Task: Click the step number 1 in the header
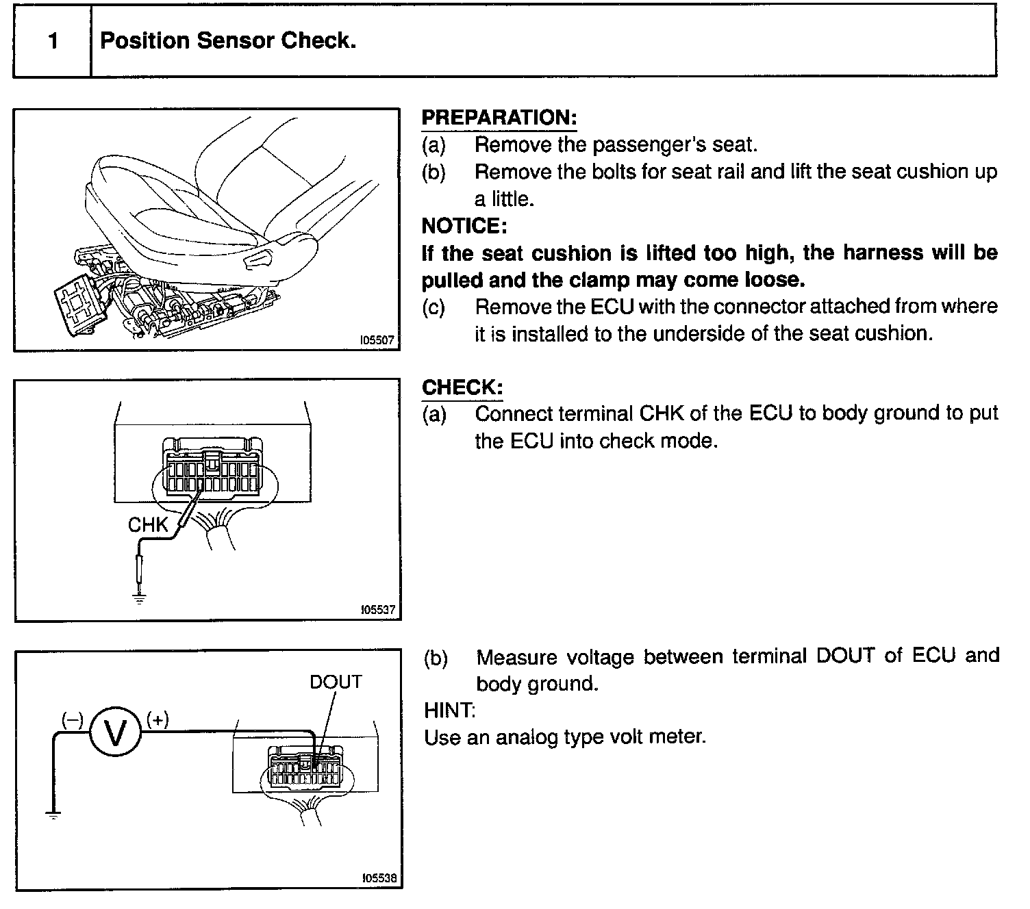tap(53, 41)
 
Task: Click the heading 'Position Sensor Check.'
tap(228, 41)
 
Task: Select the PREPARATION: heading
tap(499, 118)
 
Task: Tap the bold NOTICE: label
tap(464, 225)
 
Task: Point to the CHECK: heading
tap(462, 387)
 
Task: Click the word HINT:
tap(449, 710)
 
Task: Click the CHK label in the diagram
tap(148, 525)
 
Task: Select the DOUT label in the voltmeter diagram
tap(336, 682)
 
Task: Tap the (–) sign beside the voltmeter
tap(73, 719)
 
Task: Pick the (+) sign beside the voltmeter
tap(158, 719)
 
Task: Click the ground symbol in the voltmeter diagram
tap(53, 815)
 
